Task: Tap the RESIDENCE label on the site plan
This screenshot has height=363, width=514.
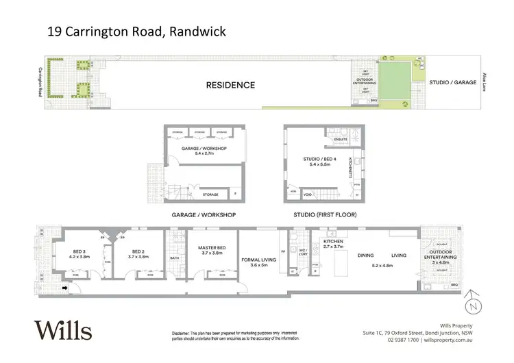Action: pos(231,86)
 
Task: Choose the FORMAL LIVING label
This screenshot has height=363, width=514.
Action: pos(259,260)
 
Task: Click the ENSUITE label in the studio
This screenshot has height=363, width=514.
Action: pos(341,140)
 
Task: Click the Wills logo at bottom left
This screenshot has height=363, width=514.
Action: pos(63,331)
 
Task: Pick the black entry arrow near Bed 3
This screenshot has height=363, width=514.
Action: pos(65,288)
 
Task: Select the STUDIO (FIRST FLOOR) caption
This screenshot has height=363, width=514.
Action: pos(321,215)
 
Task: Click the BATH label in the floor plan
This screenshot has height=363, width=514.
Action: pos(175,258)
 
